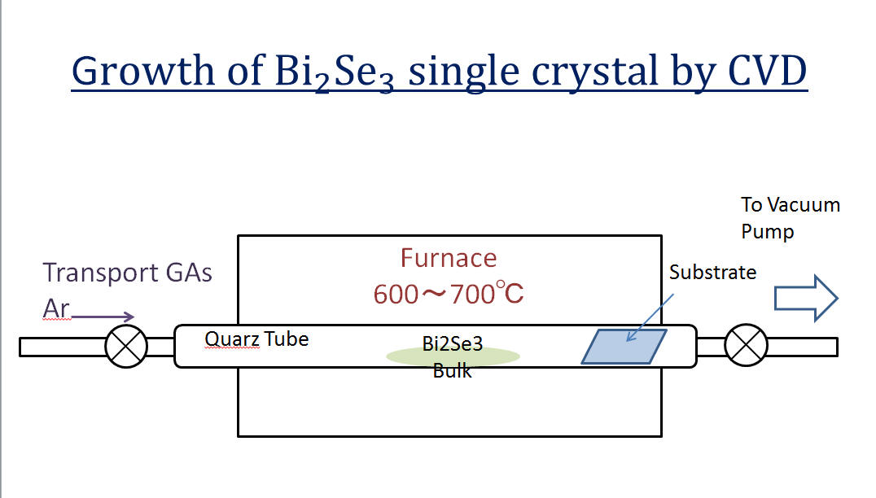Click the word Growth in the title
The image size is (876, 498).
(142, 71)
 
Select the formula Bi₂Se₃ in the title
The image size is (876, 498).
(334, 72)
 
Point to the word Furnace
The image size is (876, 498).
(449, 258)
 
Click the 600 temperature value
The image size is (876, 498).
(396, 295)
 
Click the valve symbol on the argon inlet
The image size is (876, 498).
(126, 347)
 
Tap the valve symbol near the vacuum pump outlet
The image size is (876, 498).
(746, 345)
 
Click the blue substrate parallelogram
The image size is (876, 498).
(624, 347)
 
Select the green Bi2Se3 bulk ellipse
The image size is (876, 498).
(453, 356)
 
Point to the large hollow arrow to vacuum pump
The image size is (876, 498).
(806, 298)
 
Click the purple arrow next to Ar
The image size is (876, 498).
(103, 317)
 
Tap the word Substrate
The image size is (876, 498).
(713, 273)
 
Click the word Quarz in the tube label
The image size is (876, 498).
(232, 339)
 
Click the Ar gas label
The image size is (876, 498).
(56, 308)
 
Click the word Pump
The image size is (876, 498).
(767, 232)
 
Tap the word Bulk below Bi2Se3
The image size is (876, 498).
(452, 371)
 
